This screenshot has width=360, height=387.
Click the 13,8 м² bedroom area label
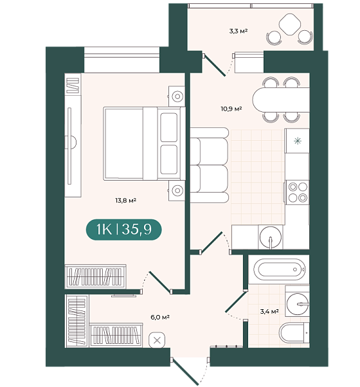tap(125, 200)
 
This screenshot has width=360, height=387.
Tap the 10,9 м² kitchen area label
tap(231, 109)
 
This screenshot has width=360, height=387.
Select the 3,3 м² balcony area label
tap(238, 31)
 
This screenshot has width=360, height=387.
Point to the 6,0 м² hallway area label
tap(160, 317)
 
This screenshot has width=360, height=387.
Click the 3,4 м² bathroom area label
tap(269, 312)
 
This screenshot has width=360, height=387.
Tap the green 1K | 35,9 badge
tap(123, 230)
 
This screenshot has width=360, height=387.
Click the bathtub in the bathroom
tap(278, 269)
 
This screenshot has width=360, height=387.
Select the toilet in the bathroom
tap(294, 333)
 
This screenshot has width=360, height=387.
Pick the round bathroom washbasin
tap(298, 304)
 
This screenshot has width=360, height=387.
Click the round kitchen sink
tap(271, 237)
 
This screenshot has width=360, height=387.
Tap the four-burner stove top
tap(298, 192)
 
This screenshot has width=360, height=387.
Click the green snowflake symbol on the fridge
tap(298, 141)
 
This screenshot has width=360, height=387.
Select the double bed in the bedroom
tap(145, 143)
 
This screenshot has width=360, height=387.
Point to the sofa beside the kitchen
tap(209, 165)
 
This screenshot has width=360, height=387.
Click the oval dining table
tap(281, 100)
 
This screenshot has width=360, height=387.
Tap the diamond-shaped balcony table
tap(290, 24)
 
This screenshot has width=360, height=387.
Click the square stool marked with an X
tap(157, 341)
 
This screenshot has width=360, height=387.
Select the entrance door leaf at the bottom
tap(186, 372)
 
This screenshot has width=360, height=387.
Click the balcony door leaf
tap(215, 66)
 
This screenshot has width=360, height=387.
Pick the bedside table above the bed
tap(177, 96)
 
